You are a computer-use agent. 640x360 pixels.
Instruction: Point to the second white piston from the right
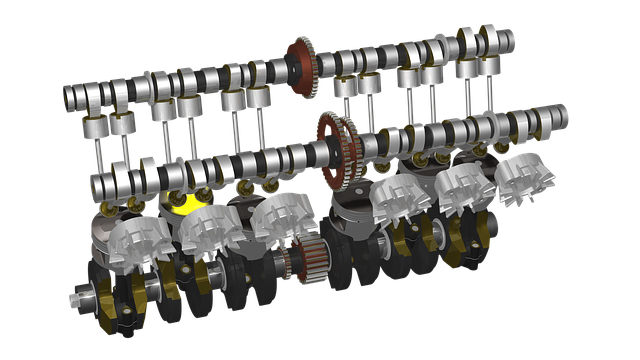tap(461, 187)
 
